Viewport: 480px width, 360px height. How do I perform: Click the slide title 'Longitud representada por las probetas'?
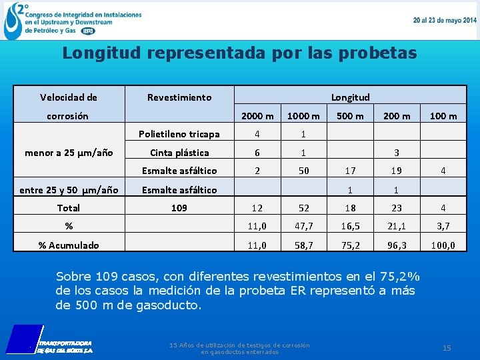point(239,53)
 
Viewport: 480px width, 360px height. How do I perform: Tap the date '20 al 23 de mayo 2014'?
point(444,21)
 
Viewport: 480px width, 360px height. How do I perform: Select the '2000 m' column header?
point(257,116)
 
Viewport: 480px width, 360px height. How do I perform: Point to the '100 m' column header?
point(443,116)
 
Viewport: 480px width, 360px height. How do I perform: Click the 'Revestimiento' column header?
point(179,97)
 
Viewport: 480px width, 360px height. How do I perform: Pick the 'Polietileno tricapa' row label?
point(179,134)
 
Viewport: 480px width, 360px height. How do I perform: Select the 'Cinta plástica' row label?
point(179,153)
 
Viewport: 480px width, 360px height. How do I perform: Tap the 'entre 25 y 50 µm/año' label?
point(69,190)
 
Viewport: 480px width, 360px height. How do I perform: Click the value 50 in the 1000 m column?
point(303,171)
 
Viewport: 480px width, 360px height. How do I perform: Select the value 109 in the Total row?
point(179,208)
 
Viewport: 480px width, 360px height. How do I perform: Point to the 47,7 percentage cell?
point(303,227)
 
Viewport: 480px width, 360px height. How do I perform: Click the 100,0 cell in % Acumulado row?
point(443,245)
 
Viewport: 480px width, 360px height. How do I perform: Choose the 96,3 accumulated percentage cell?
point(397,245)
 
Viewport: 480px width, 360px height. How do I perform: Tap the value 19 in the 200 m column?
point(397,171)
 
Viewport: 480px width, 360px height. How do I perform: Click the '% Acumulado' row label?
point(69,245)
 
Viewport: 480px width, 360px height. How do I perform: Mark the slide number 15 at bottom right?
point(447,348)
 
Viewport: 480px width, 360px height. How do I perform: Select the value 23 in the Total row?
point(397,208)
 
